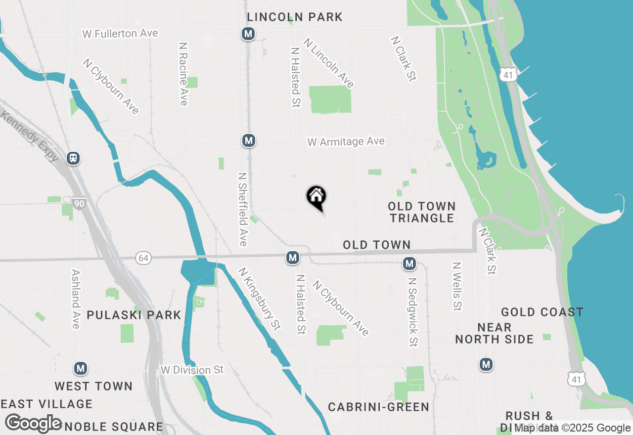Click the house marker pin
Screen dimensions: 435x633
(x=316, y=198)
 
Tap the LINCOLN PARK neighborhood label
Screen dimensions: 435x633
(x=295, y=17)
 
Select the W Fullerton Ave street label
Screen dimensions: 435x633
(x=120, y=34)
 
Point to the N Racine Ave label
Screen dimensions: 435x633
(x=183, y=74)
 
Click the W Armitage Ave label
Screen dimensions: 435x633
(x=346, y=142)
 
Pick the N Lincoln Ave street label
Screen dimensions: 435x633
(x=329, y=63)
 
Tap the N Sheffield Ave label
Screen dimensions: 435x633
(x=242, y=209)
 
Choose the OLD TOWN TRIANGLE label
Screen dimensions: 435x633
(x=421, y=212)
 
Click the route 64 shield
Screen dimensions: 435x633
(x=143, y=258)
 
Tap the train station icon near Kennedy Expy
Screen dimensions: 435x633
(x=73, y=158)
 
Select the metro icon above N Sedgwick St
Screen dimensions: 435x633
(x=409, y=263)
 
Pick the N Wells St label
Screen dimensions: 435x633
(x=456, y=286)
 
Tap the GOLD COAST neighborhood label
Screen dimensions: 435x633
(x=542, y=312)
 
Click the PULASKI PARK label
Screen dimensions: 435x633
(x=134, y=315)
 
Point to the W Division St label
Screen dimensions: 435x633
(x=192, y=370)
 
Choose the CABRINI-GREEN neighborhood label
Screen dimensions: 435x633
(x=378, y=407)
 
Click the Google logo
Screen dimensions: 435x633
(x=34, y=423)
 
